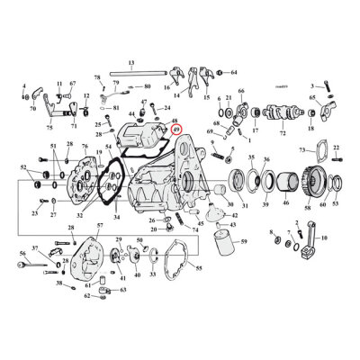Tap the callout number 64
point(234,71)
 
